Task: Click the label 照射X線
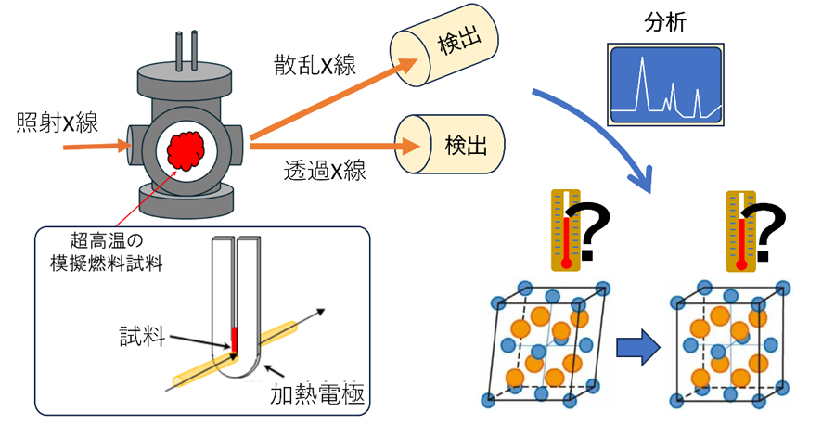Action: click(x=57, y=122)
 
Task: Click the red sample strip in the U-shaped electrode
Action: click(x=235, y=340)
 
